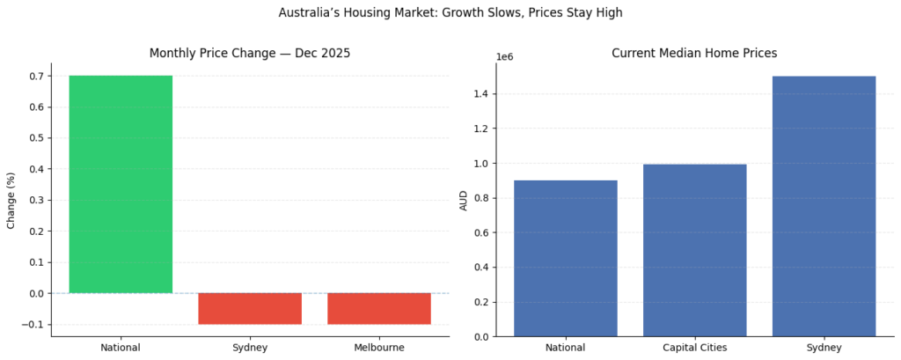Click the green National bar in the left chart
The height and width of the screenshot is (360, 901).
[x=121, y=184]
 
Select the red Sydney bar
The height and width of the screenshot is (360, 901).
[x=250, y=308]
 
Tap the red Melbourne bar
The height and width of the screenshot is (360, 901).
[x=379, y=308]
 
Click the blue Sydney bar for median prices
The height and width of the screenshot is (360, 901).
[x=824, y=206]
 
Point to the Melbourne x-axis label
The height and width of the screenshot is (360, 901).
[x=379, y=348]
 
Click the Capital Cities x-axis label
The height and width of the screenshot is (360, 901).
[x=694, y=348]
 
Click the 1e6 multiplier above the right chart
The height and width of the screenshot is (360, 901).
[x=505, y=57]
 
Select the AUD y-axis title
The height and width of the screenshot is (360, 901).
[x=464, y=201]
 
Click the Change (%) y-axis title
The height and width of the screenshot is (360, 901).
[x=11, y=201]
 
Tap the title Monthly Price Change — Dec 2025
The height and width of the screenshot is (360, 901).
[x=250, y=54]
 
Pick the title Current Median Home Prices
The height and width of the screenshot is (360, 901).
[x=694, y=54]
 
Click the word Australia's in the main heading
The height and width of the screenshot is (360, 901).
[x=310, y=13]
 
